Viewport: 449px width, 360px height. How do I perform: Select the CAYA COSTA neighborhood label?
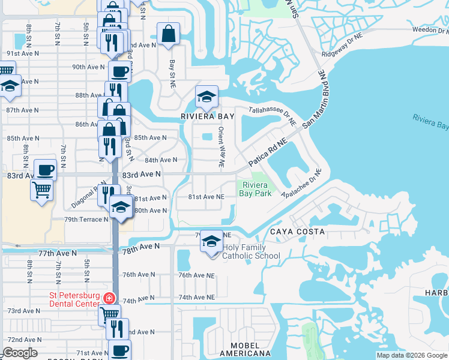click(297, 232)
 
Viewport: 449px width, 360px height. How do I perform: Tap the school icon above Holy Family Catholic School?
click(211, 241)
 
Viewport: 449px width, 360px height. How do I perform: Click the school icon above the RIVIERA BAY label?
click(206, 97)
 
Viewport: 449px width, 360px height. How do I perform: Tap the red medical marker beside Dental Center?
click(109, 298)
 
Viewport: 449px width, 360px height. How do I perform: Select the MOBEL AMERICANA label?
click(245, 349)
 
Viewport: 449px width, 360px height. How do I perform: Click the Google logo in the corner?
click(20, 353)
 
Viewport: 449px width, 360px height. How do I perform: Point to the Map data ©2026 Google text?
click(412, 355)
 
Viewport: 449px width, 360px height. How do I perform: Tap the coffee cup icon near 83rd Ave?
click(45, 169)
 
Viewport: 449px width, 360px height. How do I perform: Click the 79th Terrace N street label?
click(86, 220)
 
